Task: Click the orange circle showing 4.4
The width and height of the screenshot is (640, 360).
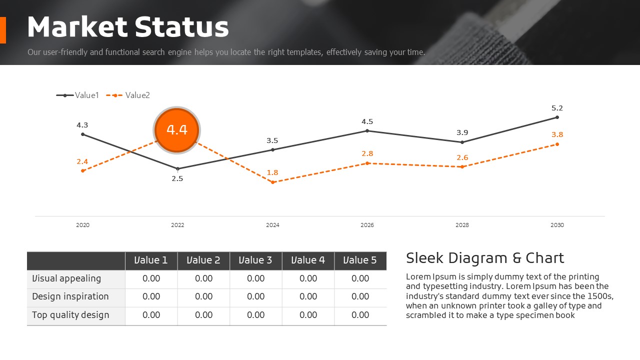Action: pos(177,130)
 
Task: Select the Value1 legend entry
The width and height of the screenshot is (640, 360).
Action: pos(78,95)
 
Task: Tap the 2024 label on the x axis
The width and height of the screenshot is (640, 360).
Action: pos(272,225)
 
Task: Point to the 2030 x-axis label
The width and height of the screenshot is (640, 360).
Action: pos(557,225)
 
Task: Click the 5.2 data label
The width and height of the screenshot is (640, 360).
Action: pos(557,108)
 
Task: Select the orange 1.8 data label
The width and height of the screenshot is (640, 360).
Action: pos(272,172)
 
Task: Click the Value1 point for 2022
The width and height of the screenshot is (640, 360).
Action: pos(177,168)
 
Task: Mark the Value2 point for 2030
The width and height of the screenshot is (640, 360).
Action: pos(557,144)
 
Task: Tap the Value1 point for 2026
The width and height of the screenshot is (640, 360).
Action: pos(367,131)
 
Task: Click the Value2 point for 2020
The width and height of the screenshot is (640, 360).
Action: pos(82,170)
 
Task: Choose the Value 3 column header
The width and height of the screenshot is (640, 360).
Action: pos(255,260)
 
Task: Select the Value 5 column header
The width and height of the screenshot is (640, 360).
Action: pos(360,260)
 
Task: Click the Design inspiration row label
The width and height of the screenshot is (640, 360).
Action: pos(70,296)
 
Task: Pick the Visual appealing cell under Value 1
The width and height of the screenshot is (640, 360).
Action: pos(151,278)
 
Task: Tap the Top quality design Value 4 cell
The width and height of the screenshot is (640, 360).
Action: pos(308,315)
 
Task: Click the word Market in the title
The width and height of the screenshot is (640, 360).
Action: pos(76,27)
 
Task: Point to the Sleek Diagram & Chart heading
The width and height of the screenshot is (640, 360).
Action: pos(484,258)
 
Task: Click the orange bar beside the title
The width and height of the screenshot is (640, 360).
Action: pos(2,30)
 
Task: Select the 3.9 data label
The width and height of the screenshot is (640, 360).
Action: pos(462,132)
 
